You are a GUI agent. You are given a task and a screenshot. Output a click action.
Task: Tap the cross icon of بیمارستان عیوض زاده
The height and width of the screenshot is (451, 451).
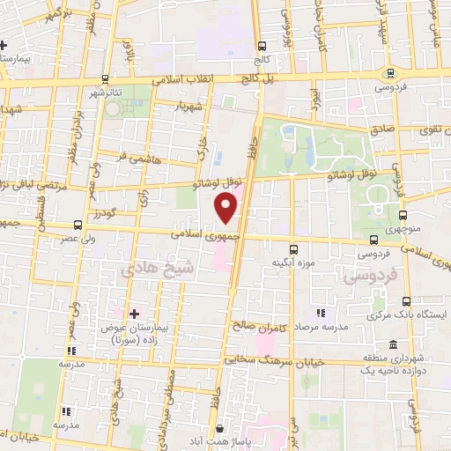click(134, 313)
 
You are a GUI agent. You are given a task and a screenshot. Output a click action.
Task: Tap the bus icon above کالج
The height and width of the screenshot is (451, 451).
click(261, 47)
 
